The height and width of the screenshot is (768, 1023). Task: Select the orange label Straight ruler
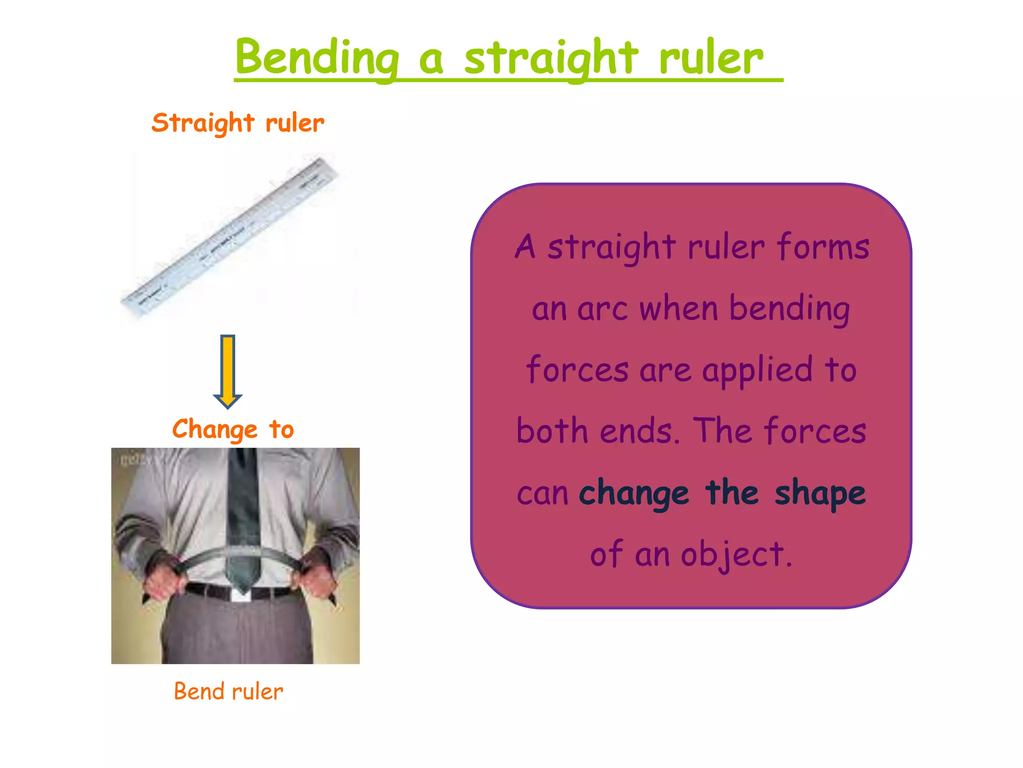point(238,123)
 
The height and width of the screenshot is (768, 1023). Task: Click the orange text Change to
point(233,429)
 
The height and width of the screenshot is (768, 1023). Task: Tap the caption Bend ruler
point(228,691)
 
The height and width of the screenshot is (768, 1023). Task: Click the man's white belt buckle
point(241,595)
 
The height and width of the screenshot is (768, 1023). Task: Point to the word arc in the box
point(602,309)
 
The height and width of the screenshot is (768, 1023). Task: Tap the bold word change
point(634,493)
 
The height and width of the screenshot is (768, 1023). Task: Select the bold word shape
point(820,493)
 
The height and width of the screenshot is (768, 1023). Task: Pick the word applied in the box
point(757,370)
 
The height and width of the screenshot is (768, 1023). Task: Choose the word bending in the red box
point(789,309)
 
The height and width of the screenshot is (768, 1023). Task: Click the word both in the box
point(552,431)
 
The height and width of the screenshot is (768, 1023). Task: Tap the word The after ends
point(723,431)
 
